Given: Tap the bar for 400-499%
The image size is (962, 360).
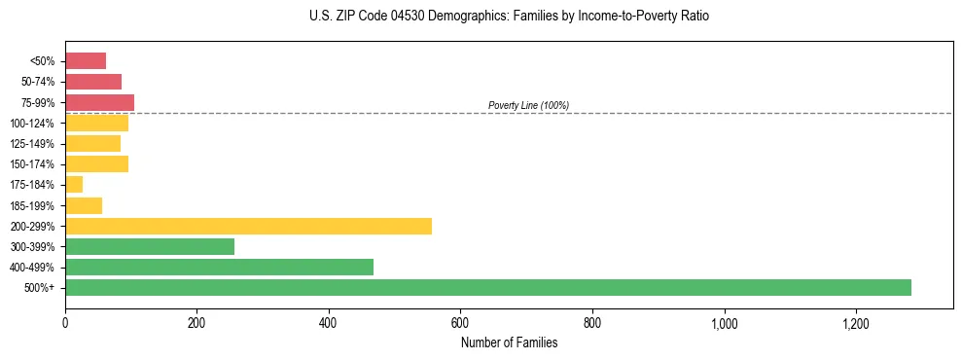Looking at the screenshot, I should (219, 267).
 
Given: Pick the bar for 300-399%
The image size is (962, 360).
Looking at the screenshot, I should (150, 246).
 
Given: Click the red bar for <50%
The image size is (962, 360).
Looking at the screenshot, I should (86, 61).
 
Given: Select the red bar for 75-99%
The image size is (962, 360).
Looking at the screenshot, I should (99, 102).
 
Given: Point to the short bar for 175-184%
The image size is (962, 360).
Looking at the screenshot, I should (74, 185).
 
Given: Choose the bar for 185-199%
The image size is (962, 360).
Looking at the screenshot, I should (84, 205).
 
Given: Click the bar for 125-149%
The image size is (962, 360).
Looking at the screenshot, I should (92, 143).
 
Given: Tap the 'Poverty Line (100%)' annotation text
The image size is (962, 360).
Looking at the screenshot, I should (528, 105).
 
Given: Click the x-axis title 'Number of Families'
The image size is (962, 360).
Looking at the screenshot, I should (509, 342).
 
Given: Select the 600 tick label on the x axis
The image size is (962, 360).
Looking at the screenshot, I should (461, 323).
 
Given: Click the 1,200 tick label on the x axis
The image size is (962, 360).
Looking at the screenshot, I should (856, 323).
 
